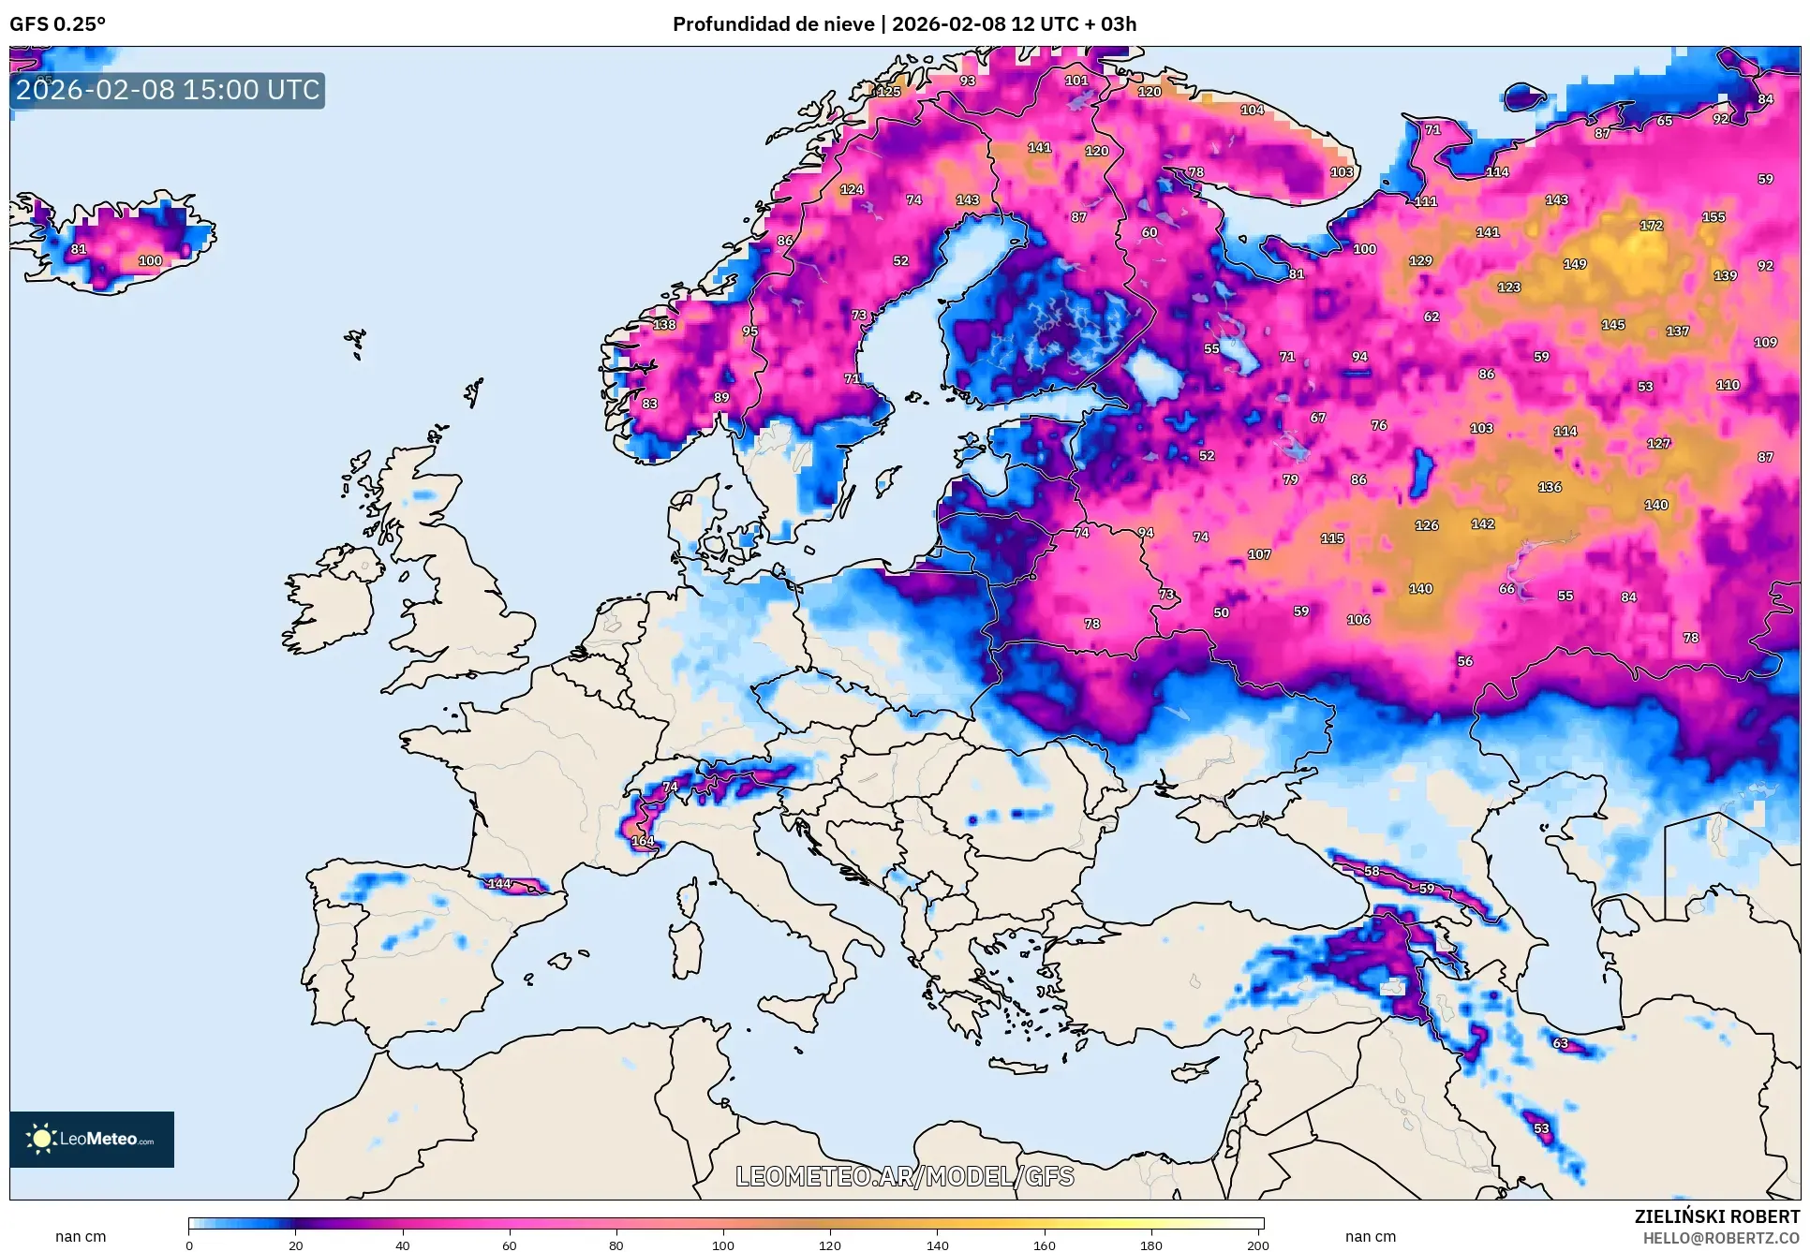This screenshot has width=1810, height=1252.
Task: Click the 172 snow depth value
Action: click(x=1651, y=226)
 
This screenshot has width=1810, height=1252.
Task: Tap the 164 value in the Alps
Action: click(x=643, y=841)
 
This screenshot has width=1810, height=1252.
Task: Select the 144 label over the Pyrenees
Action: click(x=499, y=883)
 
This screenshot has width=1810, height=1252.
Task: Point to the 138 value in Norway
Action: click(x=664, y=325)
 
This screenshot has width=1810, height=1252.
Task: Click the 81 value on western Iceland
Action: click(x=79, y=250)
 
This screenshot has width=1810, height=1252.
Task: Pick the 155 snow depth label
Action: click(x=1714, y=217)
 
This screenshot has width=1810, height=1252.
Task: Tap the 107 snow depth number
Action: click(x=1259, y=554)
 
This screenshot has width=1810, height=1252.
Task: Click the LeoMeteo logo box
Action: click(x=92, y=1139)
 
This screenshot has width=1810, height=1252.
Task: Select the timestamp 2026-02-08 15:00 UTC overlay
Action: click(x=168, y=90)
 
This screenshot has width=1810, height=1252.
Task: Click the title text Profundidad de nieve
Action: click(x=773, y=24)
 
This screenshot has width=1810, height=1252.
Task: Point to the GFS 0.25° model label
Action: click(x=57, y=24)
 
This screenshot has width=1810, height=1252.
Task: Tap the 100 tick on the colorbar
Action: click(x=722, y=1245)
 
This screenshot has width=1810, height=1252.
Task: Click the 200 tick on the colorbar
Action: click(x=1257, y=1245)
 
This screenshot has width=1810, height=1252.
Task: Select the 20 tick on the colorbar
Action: click(x=295, y=1245)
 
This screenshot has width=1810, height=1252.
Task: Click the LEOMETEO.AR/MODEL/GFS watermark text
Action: click(x=904, y=1176)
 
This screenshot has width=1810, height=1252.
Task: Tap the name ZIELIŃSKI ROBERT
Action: click(x=1716, y=1216)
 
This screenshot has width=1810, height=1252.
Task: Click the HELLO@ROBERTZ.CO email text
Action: click(x=1721, y=1238)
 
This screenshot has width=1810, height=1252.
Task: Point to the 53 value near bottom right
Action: click(x=1541, y=1128)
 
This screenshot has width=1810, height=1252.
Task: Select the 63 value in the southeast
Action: click(x=1560, y=1043)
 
